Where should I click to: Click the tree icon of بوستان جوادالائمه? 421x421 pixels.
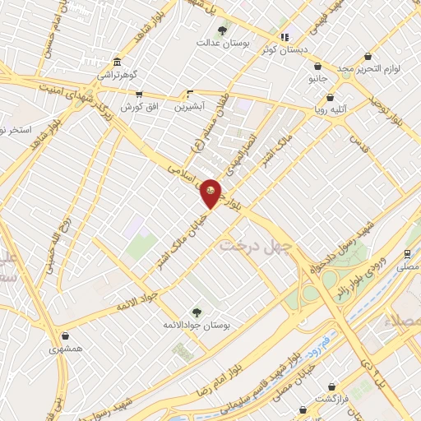196,311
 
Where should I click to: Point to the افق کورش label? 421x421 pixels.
138,107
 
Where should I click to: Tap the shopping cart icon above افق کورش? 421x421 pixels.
139,95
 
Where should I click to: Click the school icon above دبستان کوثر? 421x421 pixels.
285,37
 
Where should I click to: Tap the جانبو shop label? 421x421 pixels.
317,79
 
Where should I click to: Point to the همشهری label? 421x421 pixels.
65,349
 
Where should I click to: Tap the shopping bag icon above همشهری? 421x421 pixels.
65,336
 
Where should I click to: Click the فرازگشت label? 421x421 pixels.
331,398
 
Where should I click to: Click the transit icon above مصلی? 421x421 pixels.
407,254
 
